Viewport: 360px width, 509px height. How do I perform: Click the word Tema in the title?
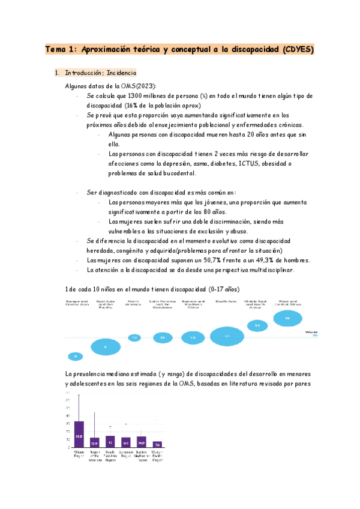57,50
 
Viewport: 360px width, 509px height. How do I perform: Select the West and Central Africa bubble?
287,318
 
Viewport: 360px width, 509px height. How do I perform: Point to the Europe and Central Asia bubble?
76,357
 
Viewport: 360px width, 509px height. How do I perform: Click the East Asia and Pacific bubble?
106,346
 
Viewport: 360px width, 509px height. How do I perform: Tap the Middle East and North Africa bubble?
257,326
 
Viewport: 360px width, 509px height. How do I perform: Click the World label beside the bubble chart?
311,331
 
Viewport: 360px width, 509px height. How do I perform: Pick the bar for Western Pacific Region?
157,444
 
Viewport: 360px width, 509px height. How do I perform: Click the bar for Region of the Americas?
94,442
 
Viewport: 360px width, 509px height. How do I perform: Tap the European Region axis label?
125,454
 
